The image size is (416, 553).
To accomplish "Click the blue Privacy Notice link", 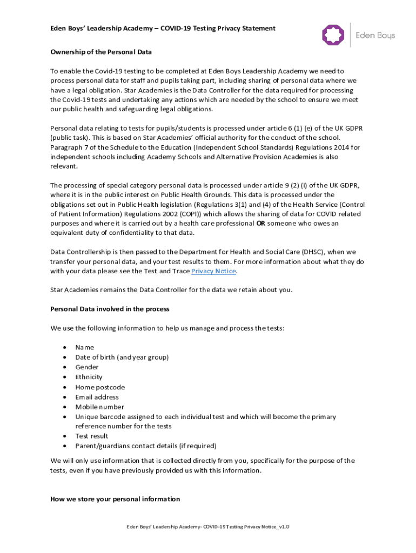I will tap(214, 271).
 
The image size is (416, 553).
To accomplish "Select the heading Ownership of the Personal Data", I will tap(101, 52).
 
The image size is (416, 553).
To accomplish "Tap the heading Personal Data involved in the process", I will tap(110, 309).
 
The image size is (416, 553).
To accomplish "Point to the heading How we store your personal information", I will tap(115, 499).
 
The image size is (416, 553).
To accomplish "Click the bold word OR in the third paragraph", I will tap(260, 224).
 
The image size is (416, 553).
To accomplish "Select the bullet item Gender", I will tap(87, 367).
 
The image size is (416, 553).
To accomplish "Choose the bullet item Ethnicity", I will tap(89, 377).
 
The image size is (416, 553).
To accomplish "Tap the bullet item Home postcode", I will tap(100, 387).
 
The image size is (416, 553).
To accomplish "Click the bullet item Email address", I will tap(97, 397).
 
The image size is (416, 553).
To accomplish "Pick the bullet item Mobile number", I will tap(99, 407).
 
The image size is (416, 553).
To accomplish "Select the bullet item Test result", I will tap(92, 436).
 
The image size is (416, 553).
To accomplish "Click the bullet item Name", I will tap(85, 347).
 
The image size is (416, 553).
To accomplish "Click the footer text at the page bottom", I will tap(208, 527).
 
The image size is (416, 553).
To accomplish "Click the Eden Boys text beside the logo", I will tap(375, 36).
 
